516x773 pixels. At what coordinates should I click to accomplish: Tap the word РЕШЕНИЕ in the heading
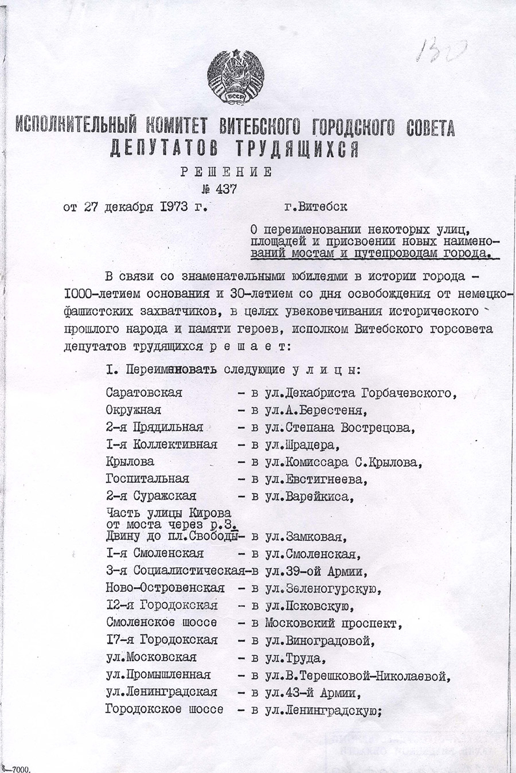(226, 171)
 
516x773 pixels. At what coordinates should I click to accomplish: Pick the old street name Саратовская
(144, 393)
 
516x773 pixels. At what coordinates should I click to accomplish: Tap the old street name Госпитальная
(147, 479)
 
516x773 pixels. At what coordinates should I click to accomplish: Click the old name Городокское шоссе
(164, 709)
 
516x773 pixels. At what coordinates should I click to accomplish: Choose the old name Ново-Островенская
(165, 588)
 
